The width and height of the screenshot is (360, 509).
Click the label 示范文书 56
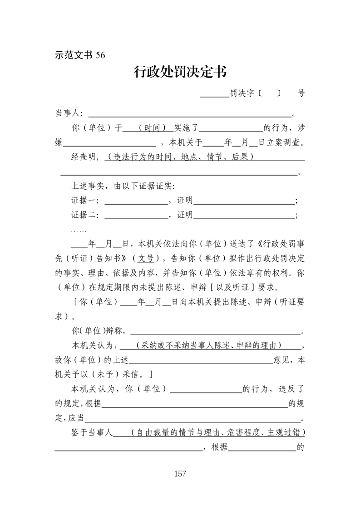(x=80, y=55)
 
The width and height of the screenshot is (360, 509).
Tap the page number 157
(x=180, y=474)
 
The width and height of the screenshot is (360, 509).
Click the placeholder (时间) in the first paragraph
(x=152, y=128)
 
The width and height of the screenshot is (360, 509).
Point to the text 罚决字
(x=242, y=94)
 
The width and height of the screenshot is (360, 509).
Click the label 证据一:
(x=86, y=201)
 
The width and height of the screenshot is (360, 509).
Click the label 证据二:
(x=86, y=215)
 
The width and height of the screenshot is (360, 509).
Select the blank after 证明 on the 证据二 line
(x=244, y=215)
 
